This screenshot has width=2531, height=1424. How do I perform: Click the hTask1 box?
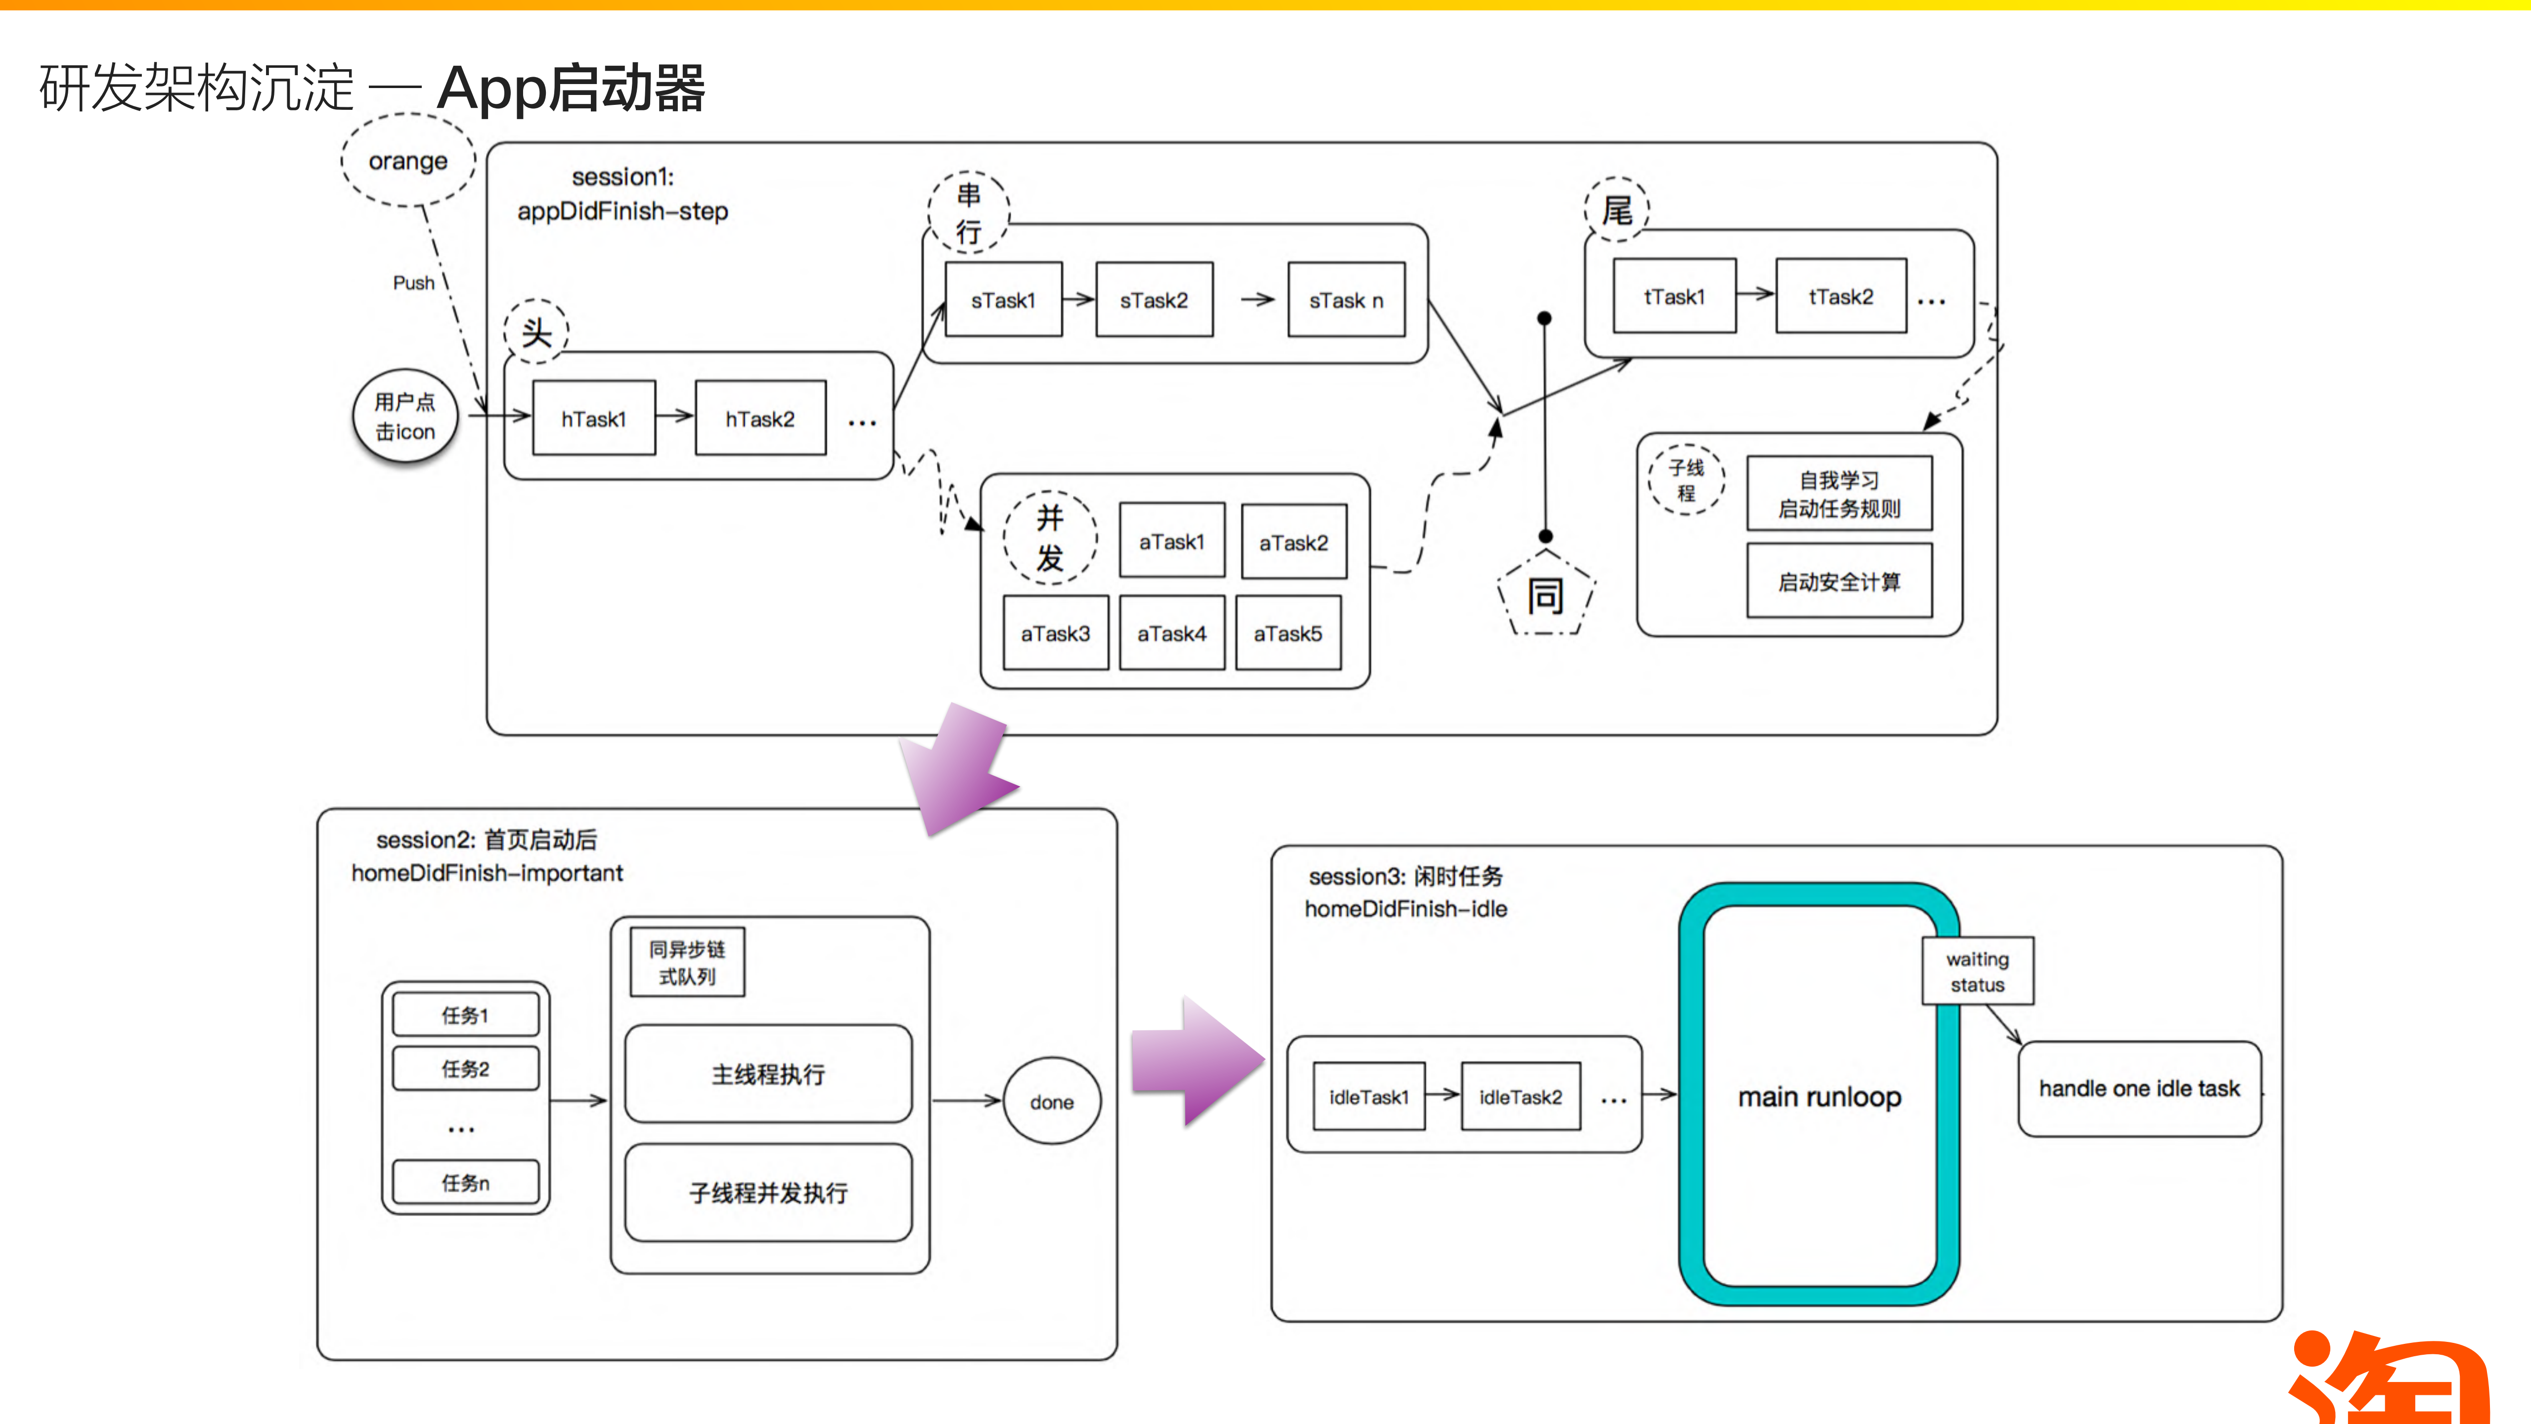tap(593, 418)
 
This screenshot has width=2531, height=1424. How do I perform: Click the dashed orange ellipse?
tap(408, 160)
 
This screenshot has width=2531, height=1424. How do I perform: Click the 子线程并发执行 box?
tap(768, 1192)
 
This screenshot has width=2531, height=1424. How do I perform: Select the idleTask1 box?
tap(1369, 1097)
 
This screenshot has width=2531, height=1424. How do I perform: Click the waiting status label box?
tap(1977, 971)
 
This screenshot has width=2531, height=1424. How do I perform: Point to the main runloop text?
tap(1820, 1097)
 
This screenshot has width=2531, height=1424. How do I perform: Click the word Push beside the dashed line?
tap(414, 283)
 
